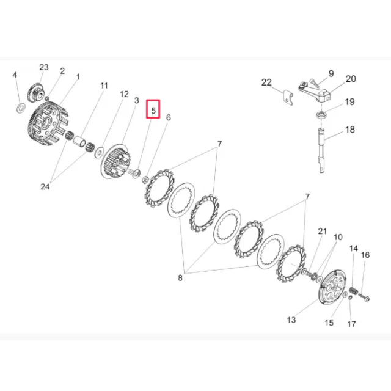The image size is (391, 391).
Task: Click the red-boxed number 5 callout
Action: pyautogui.click(x=153, y=110)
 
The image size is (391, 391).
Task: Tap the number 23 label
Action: pyautogui.click(x=44, y=67)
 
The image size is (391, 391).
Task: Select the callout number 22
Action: pyautogui.click(x=266, y=82)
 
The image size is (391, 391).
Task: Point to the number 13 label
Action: pyautogui.click(x=291, y=320)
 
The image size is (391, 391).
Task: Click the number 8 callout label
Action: pyautogui.click(x=180, y=277)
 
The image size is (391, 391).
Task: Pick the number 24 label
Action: pyautogui.click(x=45, y=186)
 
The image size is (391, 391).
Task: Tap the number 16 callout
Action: pyautogui.click(x=365, y=255)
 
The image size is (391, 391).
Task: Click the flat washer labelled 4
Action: pyautogui.click(x=21, y=108)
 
